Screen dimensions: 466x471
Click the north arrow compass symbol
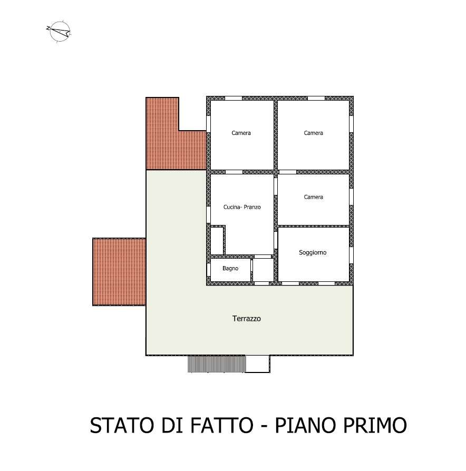59,31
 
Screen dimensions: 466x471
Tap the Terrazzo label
247,318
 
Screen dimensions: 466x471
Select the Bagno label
230,268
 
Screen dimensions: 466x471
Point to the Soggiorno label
313,252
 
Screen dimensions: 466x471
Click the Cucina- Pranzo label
242,207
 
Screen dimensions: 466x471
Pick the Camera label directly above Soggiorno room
313,197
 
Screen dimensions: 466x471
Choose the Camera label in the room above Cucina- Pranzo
241,133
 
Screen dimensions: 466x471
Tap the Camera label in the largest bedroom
313,133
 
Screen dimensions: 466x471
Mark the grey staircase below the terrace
217,364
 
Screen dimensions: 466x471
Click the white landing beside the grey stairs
258,364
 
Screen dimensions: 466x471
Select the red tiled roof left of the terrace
119,272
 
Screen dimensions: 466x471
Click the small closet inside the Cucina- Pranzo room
217,241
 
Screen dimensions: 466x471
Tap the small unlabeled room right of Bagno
263,270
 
